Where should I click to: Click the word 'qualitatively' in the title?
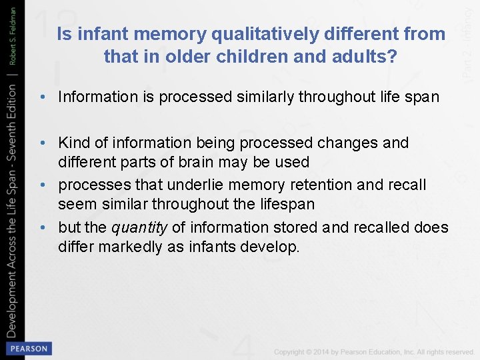[259, 34]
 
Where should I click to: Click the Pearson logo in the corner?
[28, 348]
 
